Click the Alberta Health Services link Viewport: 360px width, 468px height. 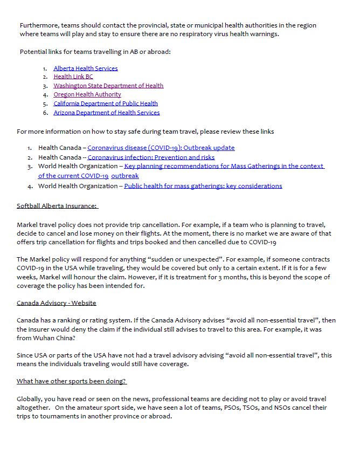pyautogui.click(x=85, y=68)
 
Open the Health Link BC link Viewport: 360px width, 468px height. pyautogui.click(x=73, y=77)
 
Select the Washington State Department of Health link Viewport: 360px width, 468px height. pyautogui.click(x=108, y=86)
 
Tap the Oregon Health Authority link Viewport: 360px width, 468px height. pyautogui.click(x=87, y=94)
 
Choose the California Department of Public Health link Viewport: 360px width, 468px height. pyautogui.click(x=105, y=104)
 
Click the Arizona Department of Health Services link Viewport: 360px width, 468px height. pyautogui.click(x=106, y=113)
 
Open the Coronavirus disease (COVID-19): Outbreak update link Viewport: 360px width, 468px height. pyautogui.click(x=161, y=148)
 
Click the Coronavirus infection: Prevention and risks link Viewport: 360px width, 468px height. pyautogui.click(x=151, y=157)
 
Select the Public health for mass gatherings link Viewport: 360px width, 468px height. pyautogui.click(x=203, y=186)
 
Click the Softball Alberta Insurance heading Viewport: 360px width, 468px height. pyautogui.click(x=57, y=206)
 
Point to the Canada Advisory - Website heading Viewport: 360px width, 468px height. pyautogui.click(x=56, y=303)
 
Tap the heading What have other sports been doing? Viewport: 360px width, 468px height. pyautogui.click(x=71, y=381)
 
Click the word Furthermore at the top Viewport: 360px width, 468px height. pyautogui.click(x=39, y=25)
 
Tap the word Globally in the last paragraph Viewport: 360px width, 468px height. pyautogui.click(x=31, y=399)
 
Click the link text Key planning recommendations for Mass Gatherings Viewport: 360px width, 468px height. pyautogui.click(x=224, y=167)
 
